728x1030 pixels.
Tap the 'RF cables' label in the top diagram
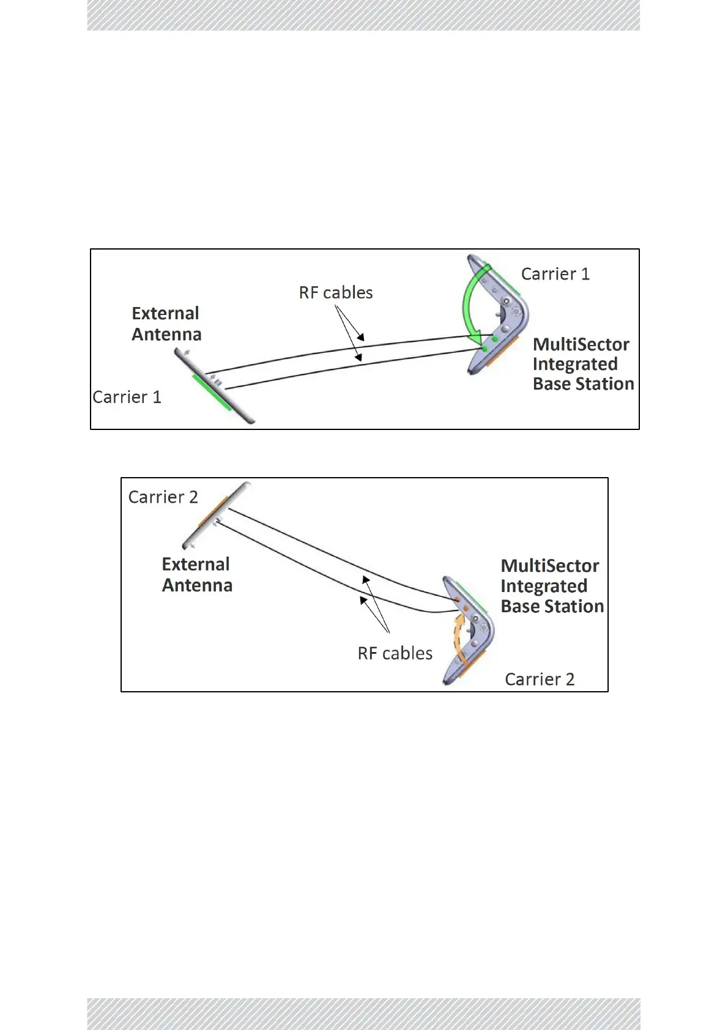pos(336,292)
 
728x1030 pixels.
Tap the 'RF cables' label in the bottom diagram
pos(395,653)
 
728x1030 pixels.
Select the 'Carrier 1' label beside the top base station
pos(555,274)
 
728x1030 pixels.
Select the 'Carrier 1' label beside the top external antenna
pos(127,397)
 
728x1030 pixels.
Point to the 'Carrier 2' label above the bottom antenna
pos(163,497)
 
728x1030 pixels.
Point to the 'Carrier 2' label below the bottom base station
pos(540,679)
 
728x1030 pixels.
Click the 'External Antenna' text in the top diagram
pos(166,324)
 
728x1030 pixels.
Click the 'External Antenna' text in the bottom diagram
pos(197,574)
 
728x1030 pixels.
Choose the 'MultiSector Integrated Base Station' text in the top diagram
pos(582,364)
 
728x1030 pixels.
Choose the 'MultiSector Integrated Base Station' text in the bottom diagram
pos(552,586)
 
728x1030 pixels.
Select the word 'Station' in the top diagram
pos(605,383)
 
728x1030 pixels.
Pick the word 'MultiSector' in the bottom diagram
pos(550,566)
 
